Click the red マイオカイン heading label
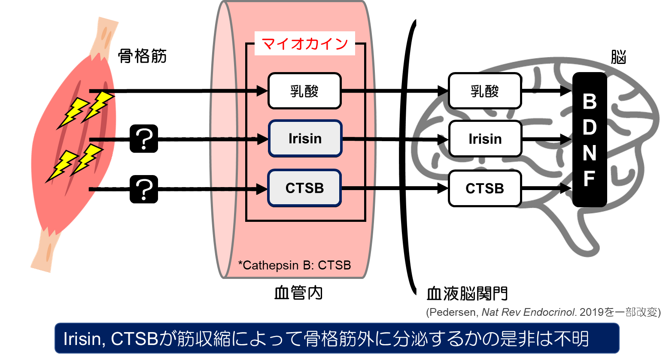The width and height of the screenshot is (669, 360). click(304, 44)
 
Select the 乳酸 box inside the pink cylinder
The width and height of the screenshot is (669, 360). click(304, 91)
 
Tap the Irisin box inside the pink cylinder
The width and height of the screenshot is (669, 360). click(305, 139)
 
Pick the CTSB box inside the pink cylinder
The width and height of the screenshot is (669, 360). click(304, 188)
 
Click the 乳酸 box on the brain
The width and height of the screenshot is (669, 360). click(485, 91)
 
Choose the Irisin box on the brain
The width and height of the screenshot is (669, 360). click(485, 139)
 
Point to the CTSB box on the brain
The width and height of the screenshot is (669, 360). click(485, 188)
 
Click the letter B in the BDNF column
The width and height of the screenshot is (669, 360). click(590, 102)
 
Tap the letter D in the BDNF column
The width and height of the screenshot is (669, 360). click(590, 127)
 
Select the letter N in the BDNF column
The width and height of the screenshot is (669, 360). click(590, 153)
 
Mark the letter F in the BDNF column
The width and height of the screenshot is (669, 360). click(590, 179)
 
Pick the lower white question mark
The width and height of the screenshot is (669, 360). click(144, 190)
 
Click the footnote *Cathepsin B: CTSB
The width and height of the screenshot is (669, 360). click(295, 265)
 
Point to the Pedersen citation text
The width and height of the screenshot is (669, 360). click(543, 312)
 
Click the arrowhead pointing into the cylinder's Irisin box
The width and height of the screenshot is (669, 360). click(262, 139)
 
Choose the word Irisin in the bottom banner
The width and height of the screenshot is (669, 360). click(82, 339)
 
